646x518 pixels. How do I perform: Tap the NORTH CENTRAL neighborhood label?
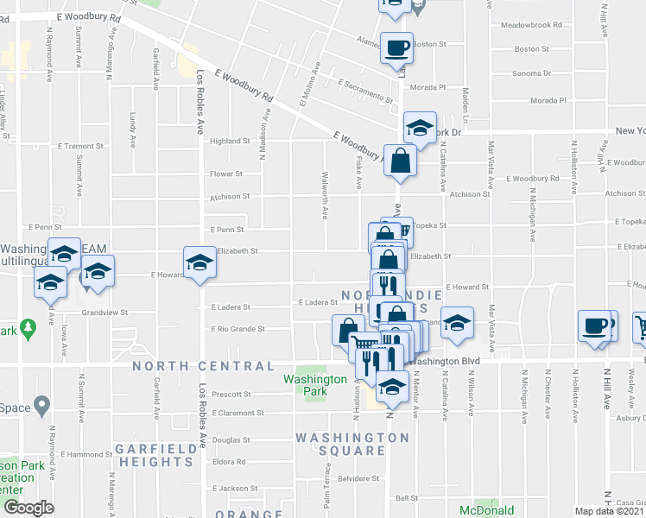(x=203, y=366)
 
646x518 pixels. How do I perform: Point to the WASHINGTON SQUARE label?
(x=352, y=444)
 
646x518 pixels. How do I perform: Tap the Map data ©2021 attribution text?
(x=610, y=511)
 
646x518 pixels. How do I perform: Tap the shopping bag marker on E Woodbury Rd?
(x=402, y=161)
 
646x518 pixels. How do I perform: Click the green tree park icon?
(x=28, y=327)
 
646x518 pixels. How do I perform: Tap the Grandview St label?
(x=104, y=313)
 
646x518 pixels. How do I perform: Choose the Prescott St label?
(x=230, y=395)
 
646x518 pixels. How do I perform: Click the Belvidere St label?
(x=359, y=477)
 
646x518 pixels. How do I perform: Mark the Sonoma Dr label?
(x=532, y=74)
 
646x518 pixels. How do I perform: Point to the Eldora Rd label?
(x=229, y=462)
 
